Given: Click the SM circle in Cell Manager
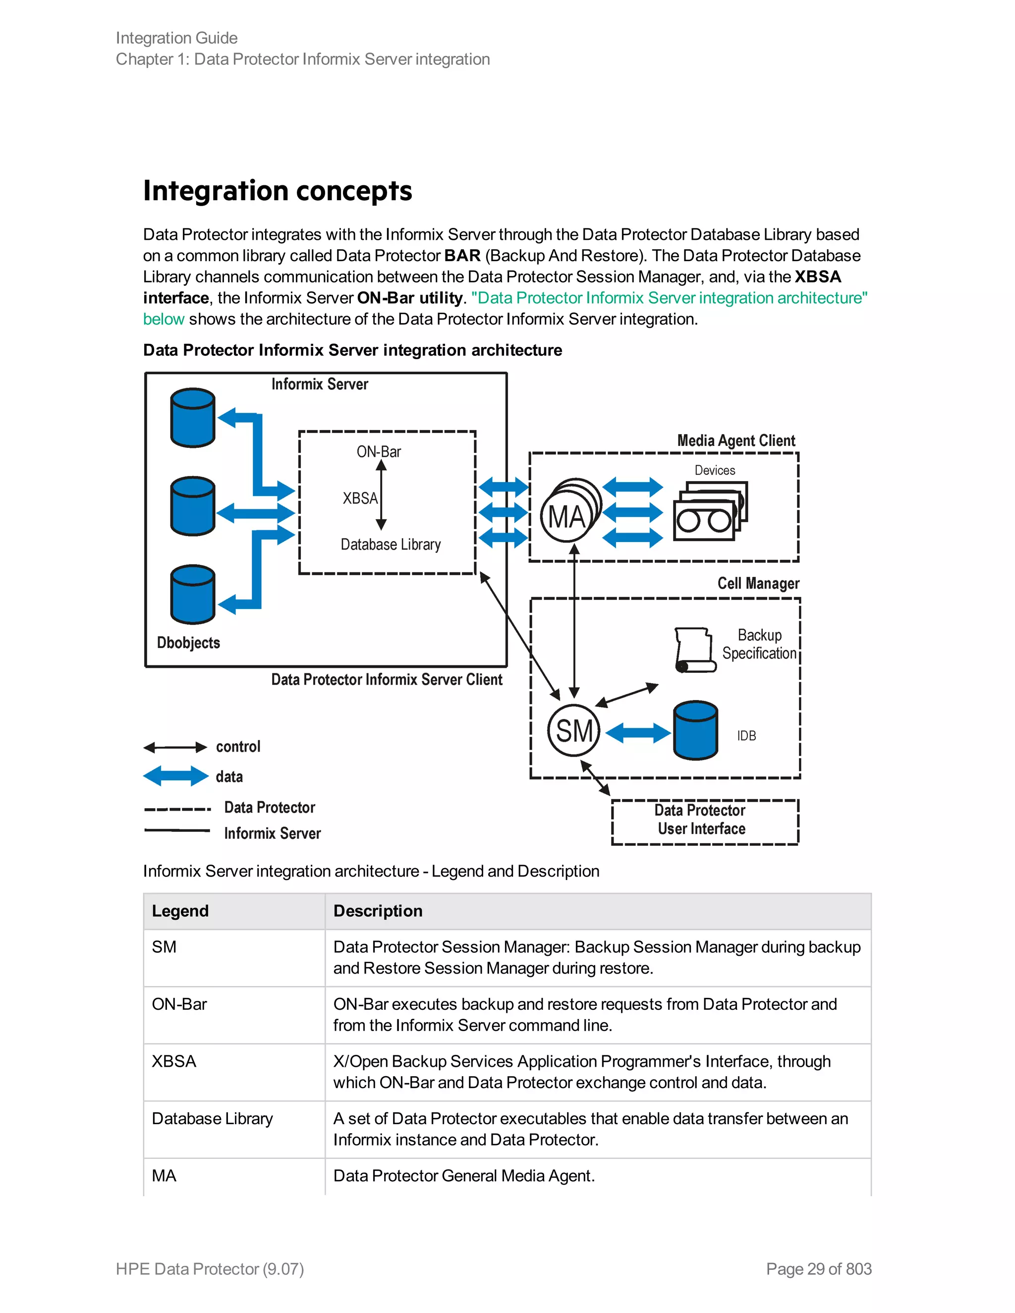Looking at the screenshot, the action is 573,730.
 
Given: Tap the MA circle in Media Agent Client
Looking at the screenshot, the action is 567,515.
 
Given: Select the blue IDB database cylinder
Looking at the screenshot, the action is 696,730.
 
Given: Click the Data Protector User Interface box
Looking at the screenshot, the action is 705,822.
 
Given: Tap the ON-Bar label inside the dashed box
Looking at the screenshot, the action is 379,451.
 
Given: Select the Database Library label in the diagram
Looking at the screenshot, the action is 391,544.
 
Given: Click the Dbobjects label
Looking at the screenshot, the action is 188,643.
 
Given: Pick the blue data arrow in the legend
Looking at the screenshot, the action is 175,776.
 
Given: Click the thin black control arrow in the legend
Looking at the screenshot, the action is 175,747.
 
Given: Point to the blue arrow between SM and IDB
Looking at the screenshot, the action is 638,733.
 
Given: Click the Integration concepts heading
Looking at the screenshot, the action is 278,191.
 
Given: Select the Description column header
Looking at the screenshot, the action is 378,911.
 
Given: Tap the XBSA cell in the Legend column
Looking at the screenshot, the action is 174,1061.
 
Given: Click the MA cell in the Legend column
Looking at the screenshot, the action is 164,1175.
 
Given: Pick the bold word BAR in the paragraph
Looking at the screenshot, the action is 462,256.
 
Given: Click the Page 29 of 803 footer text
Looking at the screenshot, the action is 819,1268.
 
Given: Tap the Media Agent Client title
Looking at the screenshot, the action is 736,440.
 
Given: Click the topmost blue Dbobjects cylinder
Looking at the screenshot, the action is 192,418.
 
